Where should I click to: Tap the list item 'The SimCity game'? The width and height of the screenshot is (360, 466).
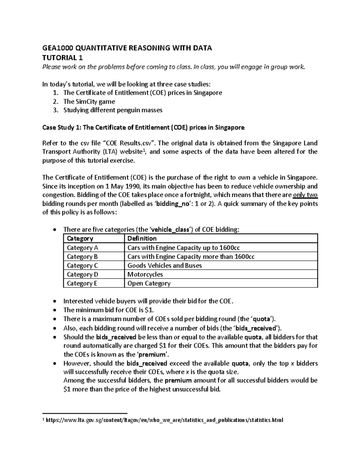point(89,101)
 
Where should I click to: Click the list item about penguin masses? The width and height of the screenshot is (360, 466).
point(112,110)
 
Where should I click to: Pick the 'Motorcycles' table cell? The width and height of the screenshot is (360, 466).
point(145,274)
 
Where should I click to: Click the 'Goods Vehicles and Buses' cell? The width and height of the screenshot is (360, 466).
point(164,266)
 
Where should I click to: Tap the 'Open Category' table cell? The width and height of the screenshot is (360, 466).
point(149,283)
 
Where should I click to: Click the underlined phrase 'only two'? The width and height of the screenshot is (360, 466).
point(305,195)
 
